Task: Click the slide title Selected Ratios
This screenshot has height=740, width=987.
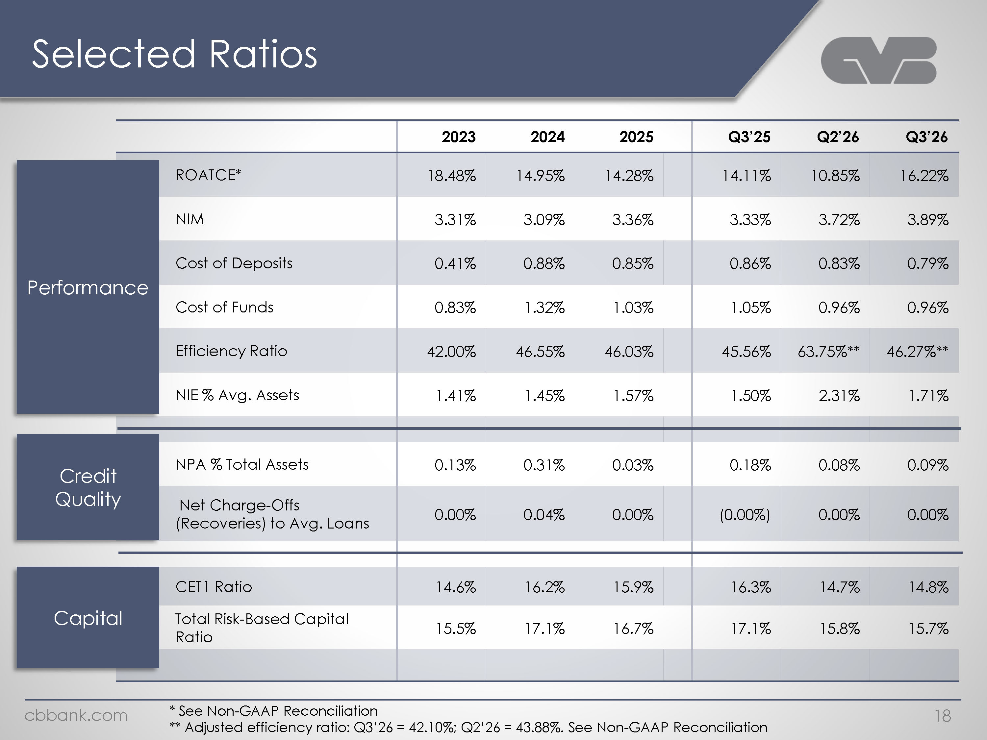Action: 174,54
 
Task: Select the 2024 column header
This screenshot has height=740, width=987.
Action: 547,136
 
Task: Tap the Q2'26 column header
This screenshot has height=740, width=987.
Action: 838,136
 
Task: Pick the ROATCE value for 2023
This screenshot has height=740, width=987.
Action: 452,176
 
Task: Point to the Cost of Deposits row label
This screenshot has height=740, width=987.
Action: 234,263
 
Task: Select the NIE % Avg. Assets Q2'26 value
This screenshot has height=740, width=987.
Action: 839,396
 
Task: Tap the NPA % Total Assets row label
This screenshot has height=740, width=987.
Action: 242,465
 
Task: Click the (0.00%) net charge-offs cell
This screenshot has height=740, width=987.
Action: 745,515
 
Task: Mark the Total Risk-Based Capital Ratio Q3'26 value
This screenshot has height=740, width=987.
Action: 928,629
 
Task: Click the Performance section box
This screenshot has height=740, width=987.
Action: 88,287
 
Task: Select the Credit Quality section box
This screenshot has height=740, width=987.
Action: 88,487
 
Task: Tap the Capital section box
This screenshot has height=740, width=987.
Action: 88,618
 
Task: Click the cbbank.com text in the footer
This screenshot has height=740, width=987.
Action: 76,715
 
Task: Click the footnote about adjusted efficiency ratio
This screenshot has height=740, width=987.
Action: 468,728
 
